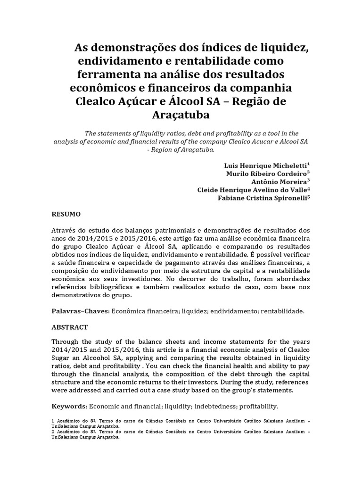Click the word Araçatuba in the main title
[x=181, y=115]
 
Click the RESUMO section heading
[x=66, y=214]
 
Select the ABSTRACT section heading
[x=69, y=327]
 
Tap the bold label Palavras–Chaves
[x=80, y=311]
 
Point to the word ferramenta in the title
[x=116, y=75]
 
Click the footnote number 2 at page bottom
[x=52, y=431]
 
